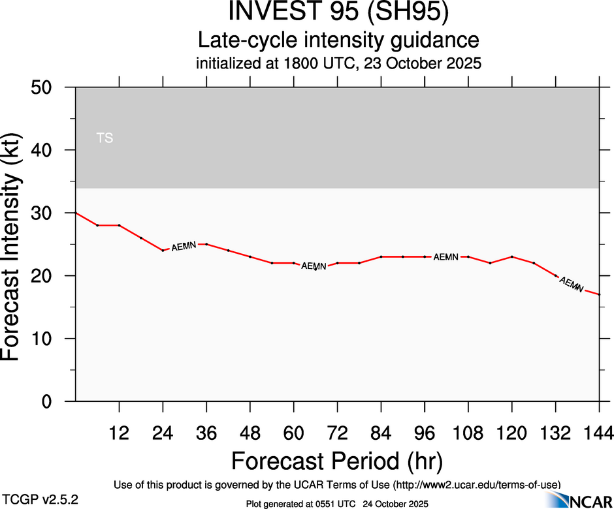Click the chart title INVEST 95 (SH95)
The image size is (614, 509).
click(x=339, y=13)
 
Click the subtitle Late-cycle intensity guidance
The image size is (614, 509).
click(x=339, y=40)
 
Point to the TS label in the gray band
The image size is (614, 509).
click(x=105, y=138)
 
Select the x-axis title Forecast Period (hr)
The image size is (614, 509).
click(x=337, y=461)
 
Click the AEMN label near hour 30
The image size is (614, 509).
click(x=184, y=247)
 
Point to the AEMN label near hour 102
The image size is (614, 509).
click(x=446, y=257)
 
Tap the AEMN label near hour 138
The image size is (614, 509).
click(x=572, y=285)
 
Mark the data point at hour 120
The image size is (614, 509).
click(x=512, y=256)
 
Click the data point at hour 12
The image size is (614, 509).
click(x=119, y=225)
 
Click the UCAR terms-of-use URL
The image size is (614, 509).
click(x=476, y=485)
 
